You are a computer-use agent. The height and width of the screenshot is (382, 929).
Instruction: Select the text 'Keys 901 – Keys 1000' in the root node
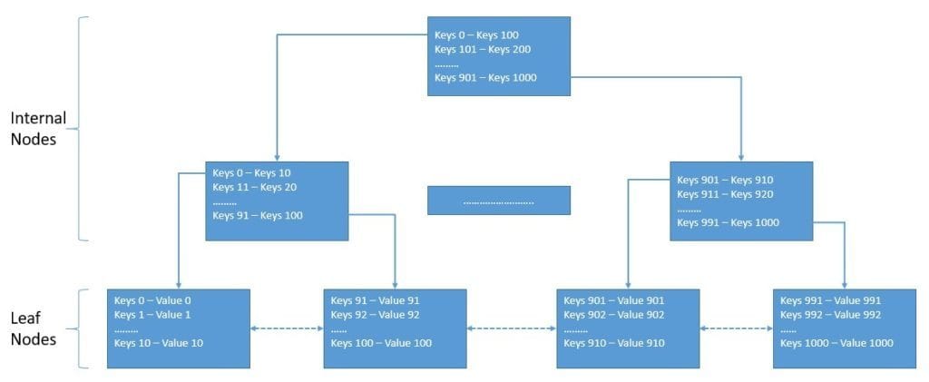tap(485, 78)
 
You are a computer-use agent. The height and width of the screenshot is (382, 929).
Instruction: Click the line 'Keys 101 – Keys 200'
tap(483, 49)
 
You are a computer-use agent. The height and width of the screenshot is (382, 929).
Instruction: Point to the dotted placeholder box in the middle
tap(499, 201)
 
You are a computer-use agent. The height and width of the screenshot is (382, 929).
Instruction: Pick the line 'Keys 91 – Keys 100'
tap(258, 216)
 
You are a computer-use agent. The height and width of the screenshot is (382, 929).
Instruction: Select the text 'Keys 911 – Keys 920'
tap(725, 194)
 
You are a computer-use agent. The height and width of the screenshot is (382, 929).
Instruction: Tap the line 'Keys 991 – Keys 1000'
tap(728, 223)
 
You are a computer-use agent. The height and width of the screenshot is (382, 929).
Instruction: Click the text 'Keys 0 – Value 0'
tap(152, 300)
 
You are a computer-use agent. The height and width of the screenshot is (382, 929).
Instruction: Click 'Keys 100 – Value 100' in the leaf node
tap(381, 343)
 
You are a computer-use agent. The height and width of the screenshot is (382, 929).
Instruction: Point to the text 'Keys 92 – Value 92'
tap(375, 315)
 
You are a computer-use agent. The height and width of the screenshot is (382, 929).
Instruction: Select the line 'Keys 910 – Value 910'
tap(614, 343)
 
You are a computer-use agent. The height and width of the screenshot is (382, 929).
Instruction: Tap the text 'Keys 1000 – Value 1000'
tap(836, 343)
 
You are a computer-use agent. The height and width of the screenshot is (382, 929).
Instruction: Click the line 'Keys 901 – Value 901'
tap(614, 300)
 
